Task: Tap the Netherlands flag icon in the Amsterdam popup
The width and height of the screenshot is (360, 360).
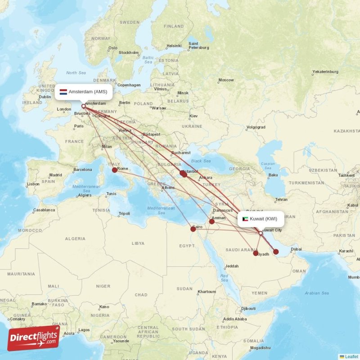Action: tap(63, 92)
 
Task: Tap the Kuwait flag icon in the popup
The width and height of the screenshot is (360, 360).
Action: tap(245, 219)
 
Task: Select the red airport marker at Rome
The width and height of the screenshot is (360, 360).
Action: tap(115, 170)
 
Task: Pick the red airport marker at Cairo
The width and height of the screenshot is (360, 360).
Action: tap(193, 229)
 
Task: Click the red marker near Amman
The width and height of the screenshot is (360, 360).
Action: tap(212, 221)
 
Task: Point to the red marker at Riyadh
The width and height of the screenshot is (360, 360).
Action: tap(256, 253)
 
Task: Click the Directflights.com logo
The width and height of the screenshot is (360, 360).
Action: tap(33, 338)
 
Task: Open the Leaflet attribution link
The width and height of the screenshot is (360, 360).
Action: tap(351, 356)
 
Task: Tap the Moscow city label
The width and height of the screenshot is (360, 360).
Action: tap(226, 80)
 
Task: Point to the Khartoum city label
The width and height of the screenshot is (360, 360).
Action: tap(207, 292)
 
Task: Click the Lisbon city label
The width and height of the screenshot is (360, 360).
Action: tap(33, 184)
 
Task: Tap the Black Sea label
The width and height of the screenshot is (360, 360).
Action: tap(201, 161)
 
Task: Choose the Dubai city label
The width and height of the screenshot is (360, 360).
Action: tap(296, 249)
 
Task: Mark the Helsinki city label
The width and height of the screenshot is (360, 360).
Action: tap(174, 45)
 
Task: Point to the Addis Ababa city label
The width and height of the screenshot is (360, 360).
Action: tap(235, 319)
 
